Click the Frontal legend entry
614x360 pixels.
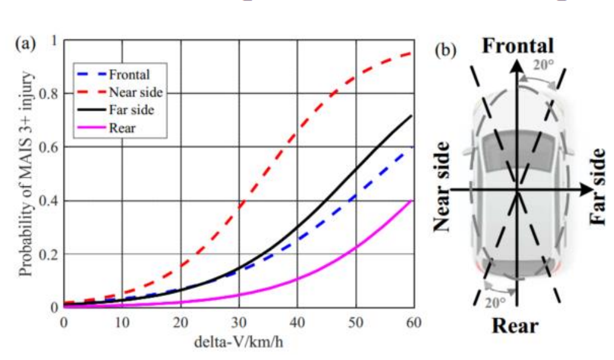click(x=129, y=75)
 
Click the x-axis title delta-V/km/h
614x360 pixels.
click(x=238, y=341)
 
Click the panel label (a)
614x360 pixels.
click(x=26, y=45)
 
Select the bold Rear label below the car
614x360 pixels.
click(x=514, y=326)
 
